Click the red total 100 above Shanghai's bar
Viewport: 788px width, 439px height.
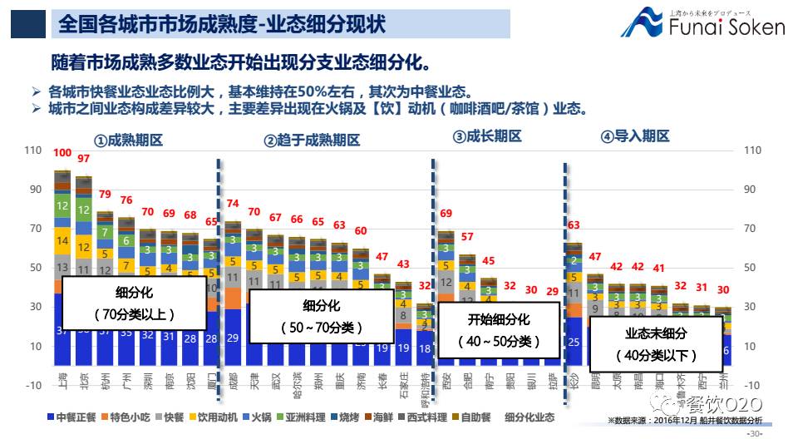62,153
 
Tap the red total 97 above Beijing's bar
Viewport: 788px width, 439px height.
84,159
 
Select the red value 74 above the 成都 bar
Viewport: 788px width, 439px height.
233,204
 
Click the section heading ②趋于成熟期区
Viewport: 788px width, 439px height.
313,141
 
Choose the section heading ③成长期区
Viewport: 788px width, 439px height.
487,136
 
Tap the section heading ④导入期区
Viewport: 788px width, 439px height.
635,136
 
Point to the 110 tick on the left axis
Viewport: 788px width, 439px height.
32,150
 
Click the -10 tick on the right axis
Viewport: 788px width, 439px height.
752,385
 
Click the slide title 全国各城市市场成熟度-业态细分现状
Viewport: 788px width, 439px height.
221,22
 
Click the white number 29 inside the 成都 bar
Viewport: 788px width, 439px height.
233,338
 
